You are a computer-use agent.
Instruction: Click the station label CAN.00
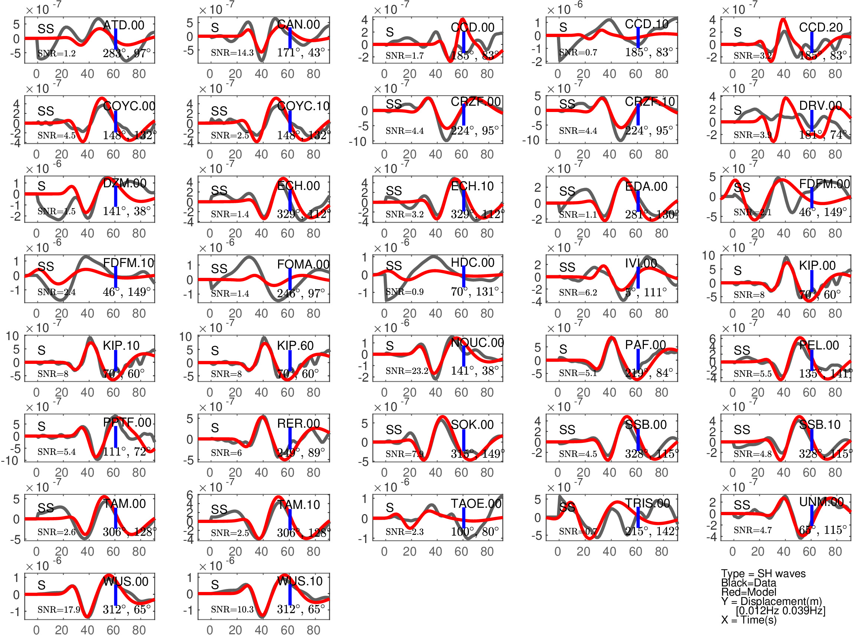click(x=299, y=24)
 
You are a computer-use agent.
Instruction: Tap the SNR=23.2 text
click(x=407, y=371)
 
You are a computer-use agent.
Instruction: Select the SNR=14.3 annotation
click(x=232, y=53)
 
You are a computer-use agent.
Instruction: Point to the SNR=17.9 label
click(x=59, y=610)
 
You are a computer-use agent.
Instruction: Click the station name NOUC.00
click(x=477, y=342)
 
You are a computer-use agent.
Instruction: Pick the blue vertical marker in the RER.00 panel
click(x=290, y=438)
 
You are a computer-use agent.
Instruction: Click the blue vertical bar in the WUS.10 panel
click(x=290, y=595)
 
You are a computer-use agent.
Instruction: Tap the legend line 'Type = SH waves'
click(x=763, y=573)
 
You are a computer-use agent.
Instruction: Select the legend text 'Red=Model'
click(x=749, y=592)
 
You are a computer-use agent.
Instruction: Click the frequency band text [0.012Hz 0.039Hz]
click(x=780, y=611)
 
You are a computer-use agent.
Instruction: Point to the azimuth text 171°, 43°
click(x=301, y=52)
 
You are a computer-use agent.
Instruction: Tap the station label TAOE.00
click(x=476, y=504)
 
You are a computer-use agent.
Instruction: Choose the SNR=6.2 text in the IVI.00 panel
click(x=578, y=293)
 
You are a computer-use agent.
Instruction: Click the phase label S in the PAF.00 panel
click(x=563, y=349)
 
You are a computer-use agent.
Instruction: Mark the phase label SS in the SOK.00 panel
click(x=394, y=430)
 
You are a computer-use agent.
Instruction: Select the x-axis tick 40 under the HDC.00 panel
click(x=436, y=314)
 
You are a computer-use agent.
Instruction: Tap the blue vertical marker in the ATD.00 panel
click(x=116, y=39)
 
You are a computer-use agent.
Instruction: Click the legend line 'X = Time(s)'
click(x=749, y=620)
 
